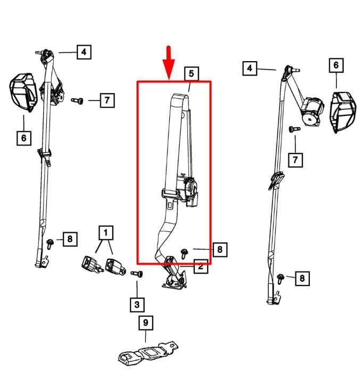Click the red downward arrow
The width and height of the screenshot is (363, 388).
click(169, 63)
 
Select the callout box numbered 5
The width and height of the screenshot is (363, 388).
click(192, 73)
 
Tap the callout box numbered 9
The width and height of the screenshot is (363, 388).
click(146, 323)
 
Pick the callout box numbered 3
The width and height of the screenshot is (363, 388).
click(137, 305)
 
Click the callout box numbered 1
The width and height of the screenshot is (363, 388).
click(106, 233)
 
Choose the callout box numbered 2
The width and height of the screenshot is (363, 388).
click(201, 266)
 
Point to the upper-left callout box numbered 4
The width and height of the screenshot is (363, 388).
click(84, 52)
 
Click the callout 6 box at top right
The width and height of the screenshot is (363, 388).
click(336, 65)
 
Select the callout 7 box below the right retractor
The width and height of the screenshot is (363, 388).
click(295, 160)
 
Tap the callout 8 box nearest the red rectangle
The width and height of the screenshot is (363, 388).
click(220, 249)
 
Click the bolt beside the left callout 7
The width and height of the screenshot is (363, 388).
click(77, 100)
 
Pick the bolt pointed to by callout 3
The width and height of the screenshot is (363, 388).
click(137, 274)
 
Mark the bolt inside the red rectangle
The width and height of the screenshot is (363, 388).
click(184, 254)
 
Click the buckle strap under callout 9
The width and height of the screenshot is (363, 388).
click(148, 353)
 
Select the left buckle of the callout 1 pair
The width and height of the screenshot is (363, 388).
click(91, 265)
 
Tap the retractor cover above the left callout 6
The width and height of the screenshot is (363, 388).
click(23, 92)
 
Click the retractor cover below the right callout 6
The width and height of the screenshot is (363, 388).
click(343, 112)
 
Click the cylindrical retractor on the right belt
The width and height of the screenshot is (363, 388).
click(312, 112)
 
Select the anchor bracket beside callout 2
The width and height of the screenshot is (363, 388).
click(175, 277)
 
